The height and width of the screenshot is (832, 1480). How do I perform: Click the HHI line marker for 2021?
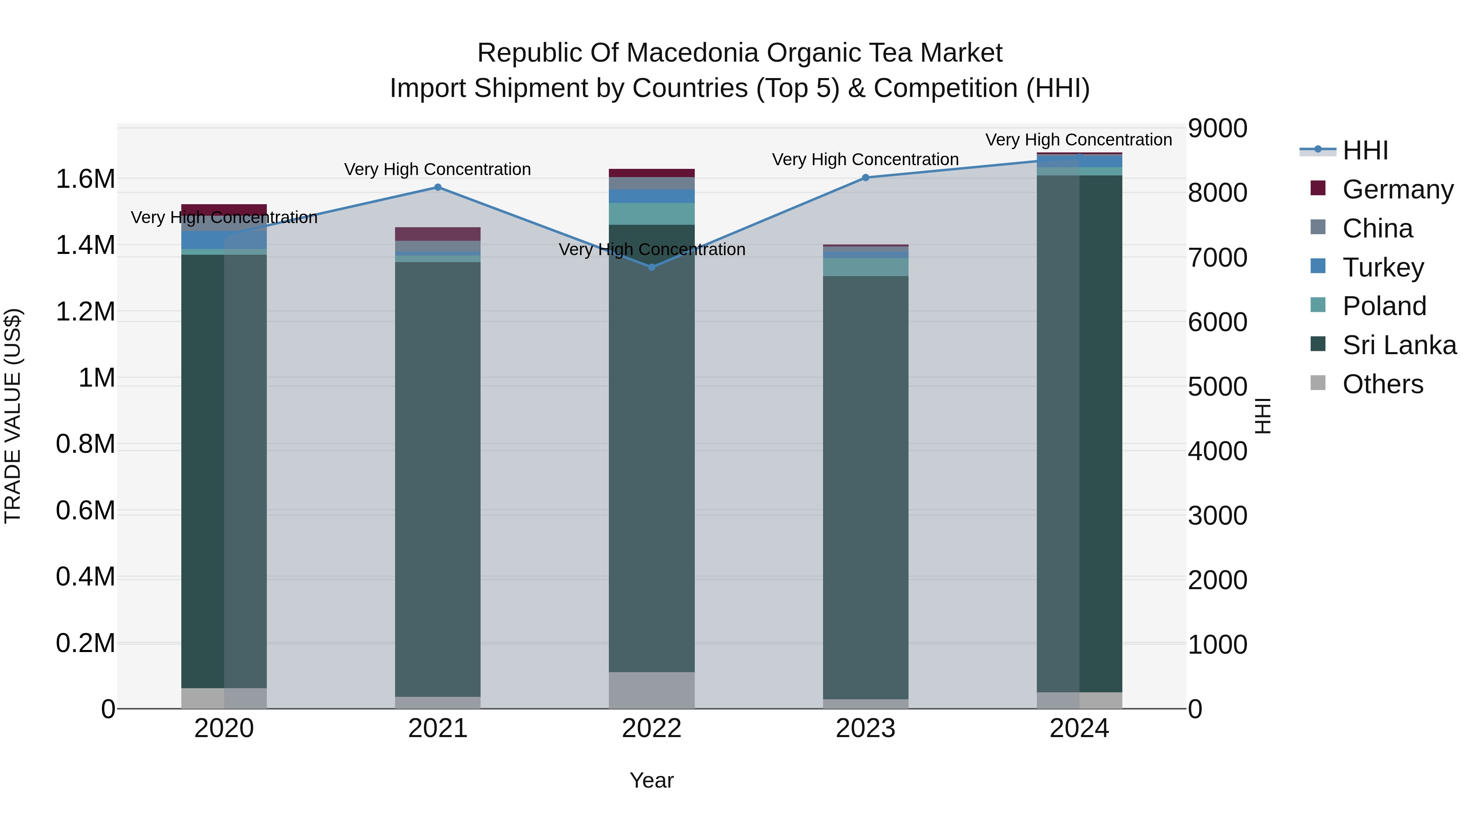click(x=438, y=187)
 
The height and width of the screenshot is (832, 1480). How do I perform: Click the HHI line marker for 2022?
click(x=652, y=267)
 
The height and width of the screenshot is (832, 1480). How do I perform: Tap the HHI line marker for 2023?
click(x=866, y=177)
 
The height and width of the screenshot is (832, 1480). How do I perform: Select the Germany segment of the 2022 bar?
click(x=652, y=173)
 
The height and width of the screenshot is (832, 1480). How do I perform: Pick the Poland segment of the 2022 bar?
click(x=652, y=214)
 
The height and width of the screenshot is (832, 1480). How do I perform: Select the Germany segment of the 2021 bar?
click(x=438, y=234)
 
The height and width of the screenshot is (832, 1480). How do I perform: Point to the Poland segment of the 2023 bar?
click(x=866, y=267)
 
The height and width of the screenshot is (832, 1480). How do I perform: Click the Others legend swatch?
click(x=1318, y=383)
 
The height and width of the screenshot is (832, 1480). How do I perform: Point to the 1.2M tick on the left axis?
click(x=85, y=312)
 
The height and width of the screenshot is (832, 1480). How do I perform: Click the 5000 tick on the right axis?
click(x=1217, y=387)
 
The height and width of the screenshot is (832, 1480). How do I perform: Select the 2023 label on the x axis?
click(x=866, y=728)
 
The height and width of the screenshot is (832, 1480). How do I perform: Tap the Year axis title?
click(x=652, y=780)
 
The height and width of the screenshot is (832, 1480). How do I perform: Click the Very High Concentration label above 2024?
click(x=1078, y=140)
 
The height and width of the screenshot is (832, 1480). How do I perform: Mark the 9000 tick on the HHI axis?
click(x=1217, y=128)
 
